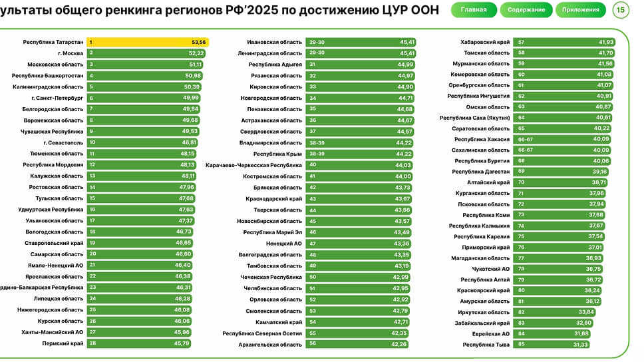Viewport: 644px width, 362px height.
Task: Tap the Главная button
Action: (x=474, y=10)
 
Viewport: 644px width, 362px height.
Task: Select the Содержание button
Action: (x=526, y=10)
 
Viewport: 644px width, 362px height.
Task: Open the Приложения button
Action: (x=580, y=10)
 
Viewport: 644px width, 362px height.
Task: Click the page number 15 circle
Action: (x=621, y=10)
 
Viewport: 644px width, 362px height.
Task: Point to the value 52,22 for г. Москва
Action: (x=196, y=53)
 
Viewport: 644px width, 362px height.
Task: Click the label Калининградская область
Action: (x=48, y=87)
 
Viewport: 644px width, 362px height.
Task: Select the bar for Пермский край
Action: (x=140, y=343)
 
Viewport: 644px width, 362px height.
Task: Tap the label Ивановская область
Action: (x=274, y=42)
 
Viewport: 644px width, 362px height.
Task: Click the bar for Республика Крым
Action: (x=361, y=154)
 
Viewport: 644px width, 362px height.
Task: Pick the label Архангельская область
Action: (x=270, y=345)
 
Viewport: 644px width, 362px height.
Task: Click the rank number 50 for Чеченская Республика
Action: (x=313, y=277)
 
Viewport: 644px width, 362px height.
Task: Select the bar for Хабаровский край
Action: (x=565, y=42)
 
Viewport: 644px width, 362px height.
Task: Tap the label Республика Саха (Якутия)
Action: (x=474, y=118)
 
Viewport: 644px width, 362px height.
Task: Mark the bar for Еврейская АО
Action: (x=554, y=333)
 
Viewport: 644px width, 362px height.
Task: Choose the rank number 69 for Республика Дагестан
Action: (x=522, y=172)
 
